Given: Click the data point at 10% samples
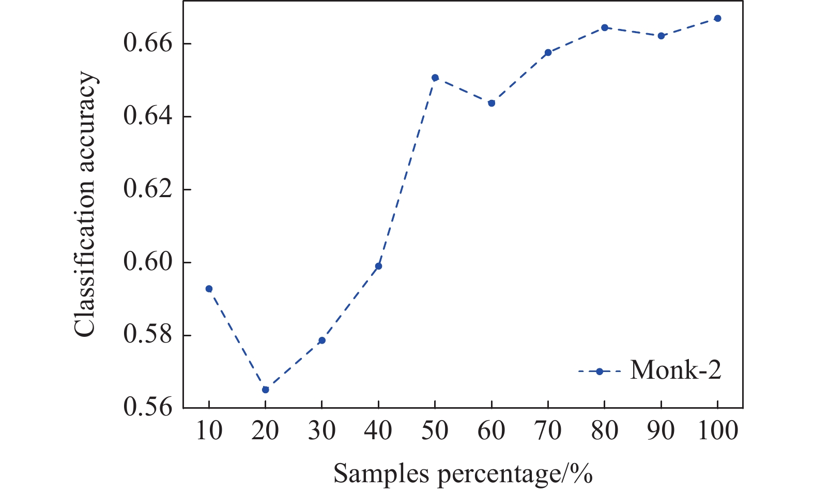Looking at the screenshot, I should tap(209, 289).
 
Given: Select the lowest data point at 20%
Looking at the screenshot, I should tap(266, 390).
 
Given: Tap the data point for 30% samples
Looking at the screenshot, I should tap(322, 340).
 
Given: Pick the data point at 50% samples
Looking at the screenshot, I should tap(435, 78).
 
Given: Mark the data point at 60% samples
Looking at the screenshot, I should tap(492, 103).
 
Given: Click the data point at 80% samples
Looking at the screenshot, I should tap(605, 27).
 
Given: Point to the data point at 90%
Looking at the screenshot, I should tap(661, 36).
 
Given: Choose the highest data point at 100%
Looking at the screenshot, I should tap(717, 18).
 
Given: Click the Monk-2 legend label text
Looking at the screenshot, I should tap(675, 370).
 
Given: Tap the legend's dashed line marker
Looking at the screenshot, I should tap(600, 371).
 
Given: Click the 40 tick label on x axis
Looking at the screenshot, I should tap(378, 430).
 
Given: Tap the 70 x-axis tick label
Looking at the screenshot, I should tap(548, 430).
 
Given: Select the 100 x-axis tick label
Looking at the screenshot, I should tap(717, 430).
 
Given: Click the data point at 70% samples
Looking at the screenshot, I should tap(548, 52).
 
